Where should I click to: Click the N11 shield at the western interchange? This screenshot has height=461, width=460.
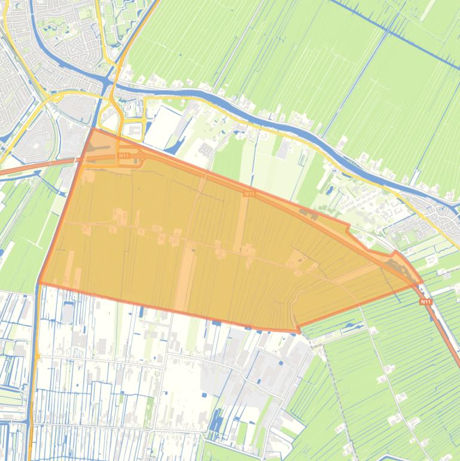[123, 156]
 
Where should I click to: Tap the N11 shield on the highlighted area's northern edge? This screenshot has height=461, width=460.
[249, 194]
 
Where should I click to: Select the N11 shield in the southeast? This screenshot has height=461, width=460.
[425, 302]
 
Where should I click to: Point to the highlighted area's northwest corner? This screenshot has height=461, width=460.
[92, 128]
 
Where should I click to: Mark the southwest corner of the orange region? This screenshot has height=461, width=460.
[39, 283]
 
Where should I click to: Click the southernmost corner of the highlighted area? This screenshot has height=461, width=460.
[298, 330]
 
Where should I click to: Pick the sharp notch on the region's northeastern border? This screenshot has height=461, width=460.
[349, 228]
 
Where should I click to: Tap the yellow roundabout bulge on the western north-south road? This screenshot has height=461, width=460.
[37, 357]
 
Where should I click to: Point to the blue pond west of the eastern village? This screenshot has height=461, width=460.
[330, 190]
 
